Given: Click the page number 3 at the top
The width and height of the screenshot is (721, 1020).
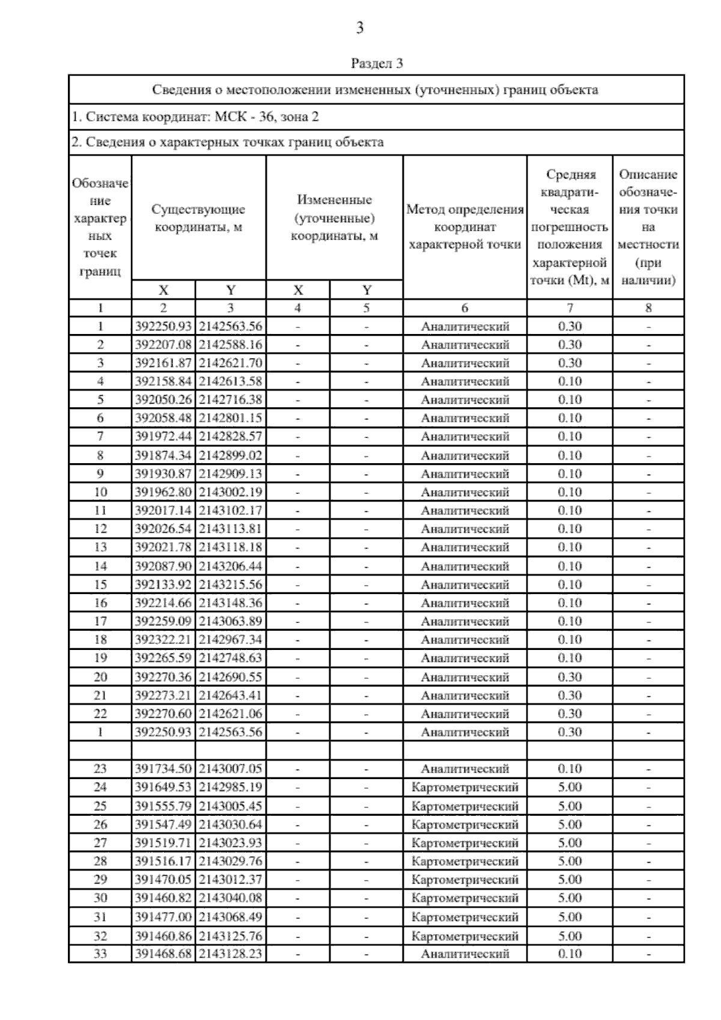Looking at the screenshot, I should click(x=360, y=28).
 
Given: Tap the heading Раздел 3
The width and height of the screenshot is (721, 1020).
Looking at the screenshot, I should click(x=377, y=63).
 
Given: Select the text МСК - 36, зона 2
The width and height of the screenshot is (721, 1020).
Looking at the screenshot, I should click(x=265, y=117).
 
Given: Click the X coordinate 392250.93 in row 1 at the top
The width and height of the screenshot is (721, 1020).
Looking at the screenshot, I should click(x=163, y=326).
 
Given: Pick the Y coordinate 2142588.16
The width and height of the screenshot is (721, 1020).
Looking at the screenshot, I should click(x=231, y=345).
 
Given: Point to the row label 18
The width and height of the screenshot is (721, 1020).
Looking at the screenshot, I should click(x=100, y=640).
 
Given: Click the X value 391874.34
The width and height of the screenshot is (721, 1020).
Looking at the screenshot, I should click(x=163, y=455).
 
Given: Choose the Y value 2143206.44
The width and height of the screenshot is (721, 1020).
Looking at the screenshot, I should click(x=231, y=566).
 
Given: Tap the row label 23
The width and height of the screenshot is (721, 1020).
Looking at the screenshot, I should click(x=100, y=769).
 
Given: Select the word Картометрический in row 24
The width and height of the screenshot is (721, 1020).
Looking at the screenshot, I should click(x=465, y=788).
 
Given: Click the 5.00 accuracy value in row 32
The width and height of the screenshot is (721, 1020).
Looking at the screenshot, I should click(x=570, y=936).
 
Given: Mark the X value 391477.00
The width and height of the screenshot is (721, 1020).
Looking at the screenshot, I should click(x=163, y=917).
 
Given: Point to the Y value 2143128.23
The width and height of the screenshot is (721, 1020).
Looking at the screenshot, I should click(x=231, y=954).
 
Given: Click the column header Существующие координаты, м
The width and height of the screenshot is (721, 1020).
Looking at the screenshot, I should click(x=198, y=219).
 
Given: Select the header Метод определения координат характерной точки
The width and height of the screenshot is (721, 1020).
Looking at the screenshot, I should click(x=465, y=227).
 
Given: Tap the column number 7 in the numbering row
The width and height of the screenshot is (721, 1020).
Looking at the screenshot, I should click(x=570, y=308).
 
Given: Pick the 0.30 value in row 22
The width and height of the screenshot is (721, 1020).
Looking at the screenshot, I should click(x=570, y=714).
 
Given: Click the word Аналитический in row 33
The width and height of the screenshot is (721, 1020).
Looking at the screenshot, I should click(x=465, y=954).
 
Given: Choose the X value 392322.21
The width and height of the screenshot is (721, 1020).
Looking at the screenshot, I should click(x=163, y=640).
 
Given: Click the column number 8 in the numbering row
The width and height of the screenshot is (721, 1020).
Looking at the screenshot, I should click(x=648, y=308).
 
